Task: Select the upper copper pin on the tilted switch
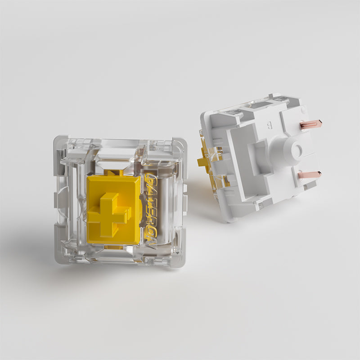click(x=310, y=124)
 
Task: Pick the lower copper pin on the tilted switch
click(x=309, y=174)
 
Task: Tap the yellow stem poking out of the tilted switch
click(x=204, y=161)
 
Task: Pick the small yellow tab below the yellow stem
click(x=113, y=247)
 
